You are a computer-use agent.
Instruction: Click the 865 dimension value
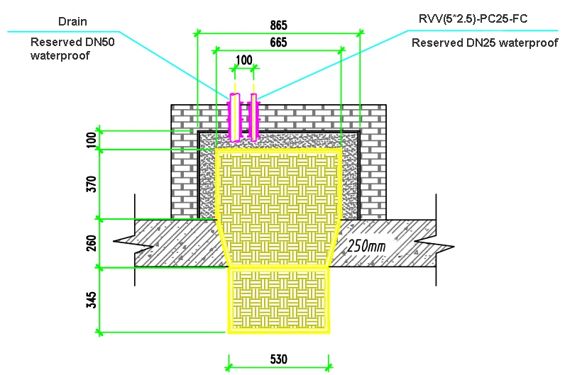278,24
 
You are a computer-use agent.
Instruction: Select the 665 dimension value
278,43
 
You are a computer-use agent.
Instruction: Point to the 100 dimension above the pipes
243,61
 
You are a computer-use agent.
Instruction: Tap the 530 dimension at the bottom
278,359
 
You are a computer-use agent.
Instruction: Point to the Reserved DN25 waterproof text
485,43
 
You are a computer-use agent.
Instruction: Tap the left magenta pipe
234,118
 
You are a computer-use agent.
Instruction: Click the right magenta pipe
252,116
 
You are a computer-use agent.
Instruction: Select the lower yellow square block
278,300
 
